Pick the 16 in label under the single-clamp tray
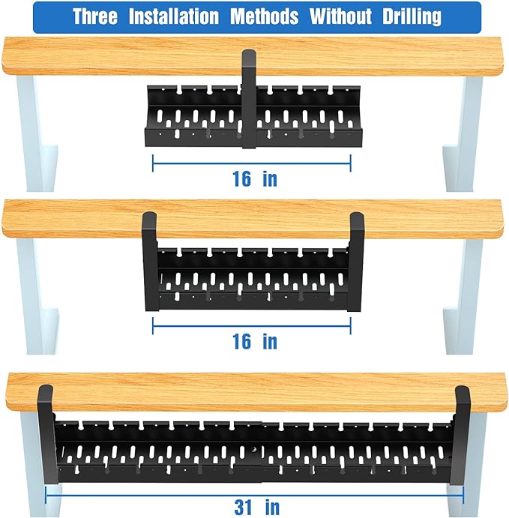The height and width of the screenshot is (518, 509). pos(254,178)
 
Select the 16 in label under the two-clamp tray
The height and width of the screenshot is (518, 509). pos(254,341)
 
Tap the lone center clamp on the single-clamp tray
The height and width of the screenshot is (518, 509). pos(247,97)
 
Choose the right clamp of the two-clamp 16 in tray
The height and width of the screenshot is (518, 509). pos(357,259)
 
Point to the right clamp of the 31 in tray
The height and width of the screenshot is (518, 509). pos(463,435)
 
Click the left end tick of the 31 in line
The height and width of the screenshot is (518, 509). pos(46,494)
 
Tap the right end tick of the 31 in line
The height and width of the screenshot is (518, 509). pos(463,494)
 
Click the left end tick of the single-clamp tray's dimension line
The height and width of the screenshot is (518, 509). pos(153,163)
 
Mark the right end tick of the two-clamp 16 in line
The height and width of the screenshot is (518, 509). pos(351,325)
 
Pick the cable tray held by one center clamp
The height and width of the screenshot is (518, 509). pos(195,116)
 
